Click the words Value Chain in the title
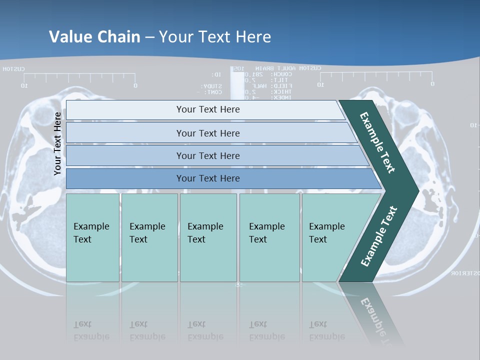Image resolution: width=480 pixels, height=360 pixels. pos(94,36)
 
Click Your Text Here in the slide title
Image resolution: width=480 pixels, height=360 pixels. pos(215,36)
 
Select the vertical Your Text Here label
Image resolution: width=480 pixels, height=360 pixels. pos(58,143)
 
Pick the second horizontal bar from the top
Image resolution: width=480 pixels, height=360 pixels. pos(208,133)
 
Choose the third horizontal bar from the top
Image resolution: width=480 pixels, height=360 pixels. pos(208,155)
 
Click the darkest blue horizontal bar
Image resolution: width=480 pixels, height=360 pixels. pos(208,178)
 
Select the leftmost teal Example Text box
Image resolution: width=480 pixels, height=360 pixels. pos(92,237)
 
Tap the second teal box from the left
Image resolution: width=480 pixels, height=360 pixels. pos(149,237)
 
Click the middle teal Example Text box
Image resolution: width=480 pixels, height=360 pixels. pos(208,237)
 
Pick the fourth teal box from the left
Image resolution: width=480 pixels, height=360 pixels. pos(269,237)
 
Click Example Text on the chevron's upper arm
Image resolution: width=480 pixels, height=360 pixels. pos(377,142)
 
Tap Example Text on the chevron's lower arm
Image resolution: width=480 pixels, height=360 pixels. pos(378,236)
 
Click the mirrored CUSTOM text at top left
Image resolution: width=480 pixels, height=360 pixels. pos(14,69)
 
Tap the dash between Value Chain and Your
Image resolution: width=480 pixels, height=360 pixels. pos(149,37)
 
